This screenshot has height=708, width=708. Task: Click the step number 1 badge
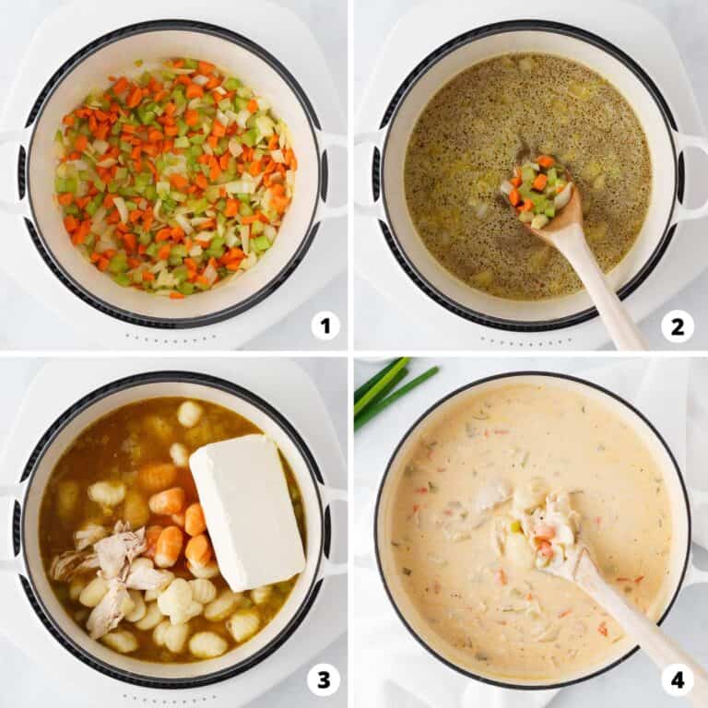coord(325,325)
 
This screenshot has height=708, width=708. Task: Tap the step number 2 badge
coord(678,325)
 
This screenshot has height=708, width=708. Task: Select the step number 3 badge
coord(324,679)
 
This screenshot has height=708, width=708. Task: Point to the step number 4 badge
coord(678,679)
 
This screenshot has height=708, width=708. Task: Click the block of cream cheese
coord(247,513)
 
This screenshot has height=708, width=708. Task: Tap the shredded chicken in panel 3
coord(111,573)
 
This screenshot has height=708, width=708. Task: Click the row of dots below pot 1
coord(171,336)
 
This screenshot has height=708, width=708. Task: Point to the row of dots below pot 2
coord(525,338)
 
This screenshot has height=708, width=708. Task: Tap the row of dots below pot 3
coord(170,697)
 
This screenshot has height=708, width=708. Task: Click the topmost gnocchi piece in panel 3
coord(190,413)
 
